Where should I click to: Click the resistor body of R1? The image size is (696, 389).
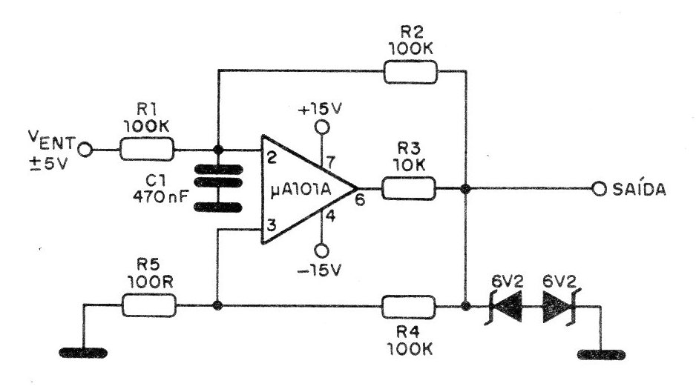[x=148, y=151]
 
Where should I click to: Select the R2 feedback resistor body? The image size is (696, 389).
[x=410, y=72]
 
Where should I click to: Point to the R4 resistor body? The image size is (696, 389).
[x=408, y=305]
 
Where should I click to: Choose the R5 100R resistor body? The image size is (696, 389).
[x=148, y=305]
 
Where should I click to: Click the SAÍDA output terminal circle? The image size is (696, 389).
[x=599, y=188]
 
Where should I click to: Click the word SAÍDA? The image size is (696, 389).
[x=640, y=190]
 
